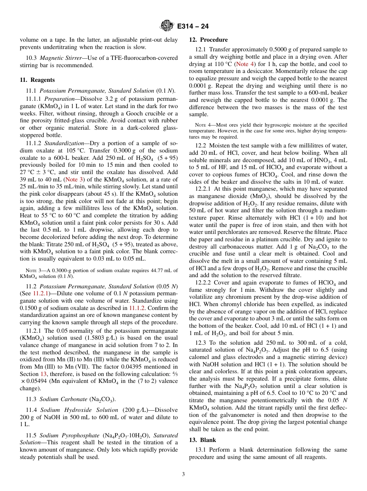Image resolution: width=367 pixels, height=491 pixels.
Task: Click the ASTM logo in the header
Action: click(x=167, y=26)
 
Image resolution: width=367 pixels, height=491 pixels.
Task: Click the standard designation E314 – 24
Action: click(x=193, y=26)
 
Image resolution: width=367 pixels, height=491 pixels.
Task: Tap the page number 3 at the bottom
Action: click(x=183, y=474)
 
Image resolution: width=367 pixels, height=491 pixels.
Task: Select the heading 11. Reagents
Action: click(x=37, y=80)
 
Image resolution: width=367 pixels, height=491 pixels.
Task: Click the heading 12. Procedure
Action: click(x=208, y=40)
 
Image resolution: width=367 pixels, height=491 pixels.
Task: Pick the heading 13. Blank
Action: click(x=202, y=440)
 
